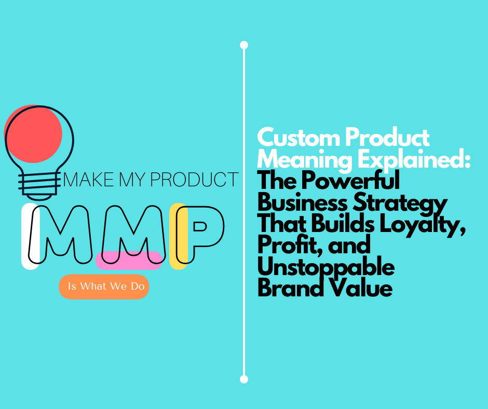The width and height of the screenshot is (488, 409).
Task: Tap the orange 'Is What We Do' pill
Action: tap(104, 287)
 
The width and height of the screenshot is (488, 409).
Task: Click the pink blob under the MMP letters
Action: tap(129, 260)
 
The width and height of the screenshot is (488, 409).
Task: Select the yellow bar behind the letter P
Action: tap(179, 236)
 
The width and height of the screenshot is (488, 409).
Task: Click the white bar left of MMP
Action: tap(29, 237)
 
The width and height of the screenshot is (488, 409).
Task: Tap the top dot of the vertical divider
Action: tap(244, 45)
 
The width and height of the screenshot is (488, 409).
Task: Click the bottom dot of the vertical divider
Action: tap(244, 379)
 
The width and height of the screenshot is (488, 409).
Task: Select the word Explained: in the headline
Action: tap(412, 160)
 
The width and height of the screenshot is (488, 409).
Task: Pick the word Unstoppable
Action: tap(326, 267)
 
